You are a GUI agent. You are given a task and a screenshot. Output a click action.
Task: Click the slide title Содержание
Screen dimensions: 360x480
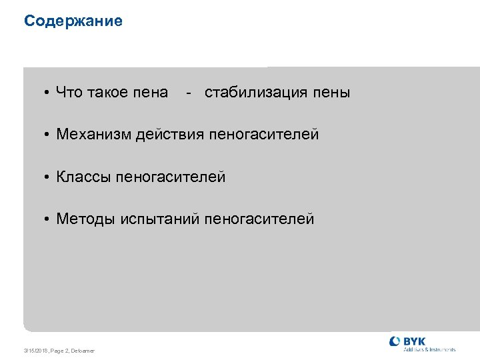73,21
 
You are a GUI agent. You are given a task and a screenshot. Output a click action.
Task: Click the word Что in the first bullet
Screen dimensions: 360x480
69,92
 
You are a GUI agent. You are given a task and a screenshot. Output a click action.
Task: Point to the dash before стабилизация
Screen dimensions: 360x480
190,93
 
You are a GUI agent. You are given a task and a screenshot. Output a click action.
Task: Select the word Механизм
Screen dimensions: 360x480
94,135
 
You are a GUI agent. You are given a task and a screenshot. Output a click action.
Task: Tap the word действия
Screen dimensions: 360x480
171,135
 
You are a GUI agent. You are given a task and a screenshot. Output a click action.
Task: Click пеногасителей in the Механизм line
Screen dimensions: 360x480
264,135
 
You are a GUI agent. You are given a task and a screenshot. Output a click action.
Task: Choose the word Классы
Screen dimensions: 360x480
84,177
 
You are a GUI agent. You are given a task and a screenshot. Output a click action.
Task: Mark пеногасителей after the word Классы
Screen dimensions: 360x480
171,177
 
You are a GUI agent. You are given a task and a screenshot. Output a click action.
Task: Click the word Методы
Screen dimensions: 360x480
86,219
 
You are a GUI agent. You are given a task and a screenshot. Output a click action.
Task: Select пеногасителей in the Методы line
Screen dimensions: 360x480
259,219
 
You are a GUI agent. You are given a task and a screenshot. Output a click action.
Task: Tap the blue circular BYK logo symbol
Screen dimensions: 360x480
395,341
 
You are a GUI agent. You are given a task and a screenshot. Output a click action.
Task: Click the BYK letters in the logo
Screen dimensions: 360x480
415,341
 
